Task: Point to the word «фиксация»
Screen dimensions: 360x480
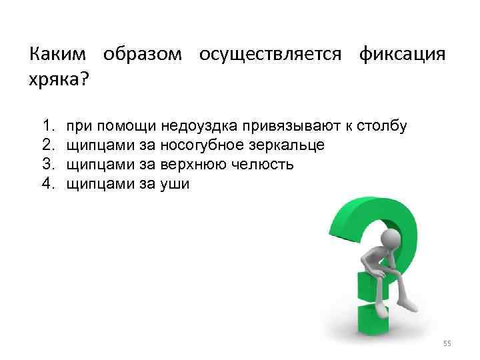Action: pyautogui.click(x=402, y=55)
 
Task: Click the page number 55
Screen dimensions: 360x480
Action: pyautogui.click(x=447, y=343)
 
